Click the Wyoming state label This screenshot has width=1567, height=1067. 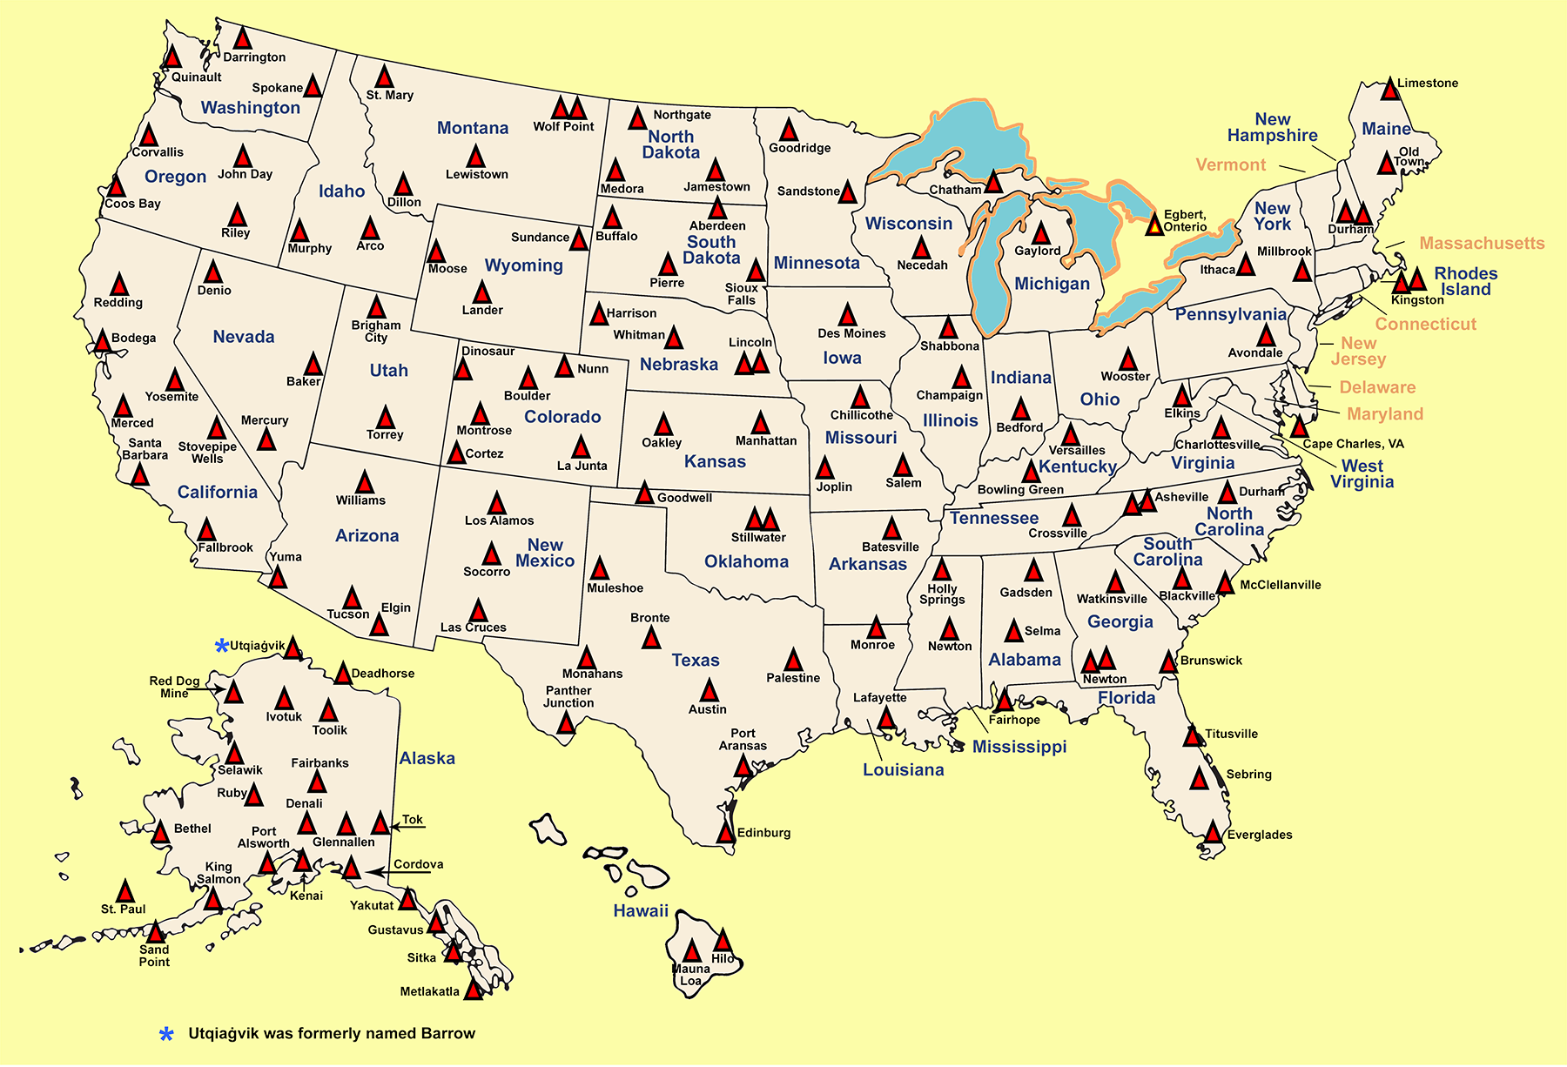[523, 265]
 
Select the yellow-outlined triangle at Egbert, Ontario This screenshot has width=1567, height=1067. [1154, 225]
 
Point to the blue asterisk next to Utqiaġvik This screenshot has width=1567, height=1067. [222, 646]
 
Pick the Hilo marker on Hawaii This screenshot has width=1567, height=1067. [723, 941]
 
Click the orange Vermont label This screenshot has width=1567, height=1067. [1230, 164]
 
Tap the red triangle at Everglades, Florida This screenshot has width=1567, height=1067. [1213, 833]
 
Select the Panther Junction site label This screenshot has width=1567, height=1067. [568, 696]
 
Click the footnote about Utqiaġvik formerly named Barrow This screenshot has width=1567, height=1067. [331, 1033]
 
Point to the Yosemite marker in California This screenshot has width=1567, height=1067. [175, 381]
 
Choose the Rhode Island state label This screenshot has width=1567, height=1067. [1465, 281]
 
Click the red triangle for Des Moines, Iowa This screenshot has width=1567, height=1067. [848, 316]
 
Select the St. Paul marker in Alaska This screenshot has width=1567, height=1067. [125, 892]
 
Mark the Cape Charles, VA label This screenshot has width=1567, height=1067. [1353, 444]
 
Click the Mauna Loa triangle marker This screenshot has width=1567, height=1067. [692, 951]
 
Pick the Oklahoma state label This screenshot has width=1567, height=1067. [746, 561]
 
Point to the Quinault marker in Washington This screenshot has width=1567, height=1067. [172, 58]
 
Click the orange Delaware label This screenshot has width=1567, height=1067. [1376, 387]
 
